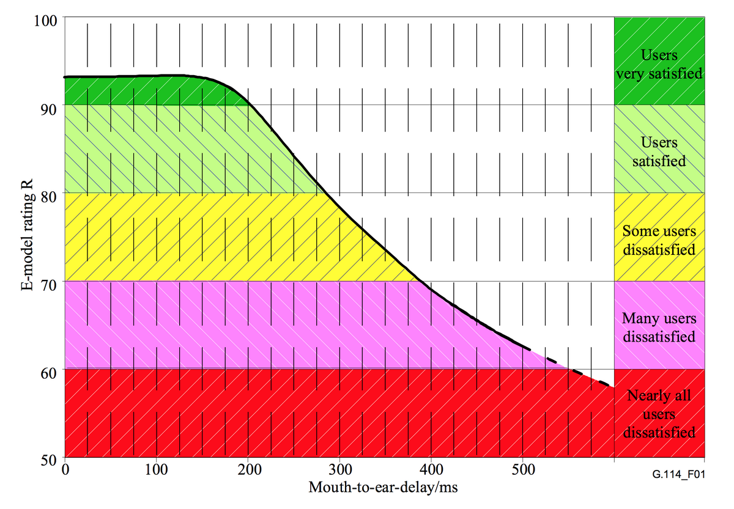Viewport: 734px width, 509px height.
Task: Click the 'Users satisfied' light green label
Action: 659,152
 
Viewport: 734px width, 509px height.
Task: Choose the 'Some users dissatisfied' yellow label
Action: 659,240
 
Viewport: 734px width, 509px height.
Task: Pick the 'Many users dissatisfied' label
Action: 659,328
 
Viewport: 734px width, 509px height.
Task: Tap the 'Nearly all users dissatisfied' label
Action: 659,414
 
